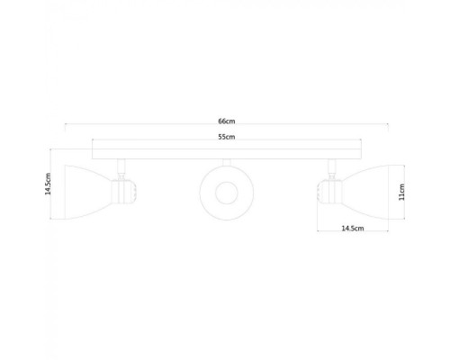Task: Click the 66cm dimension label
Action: pyautogui.click(x=226, y=121)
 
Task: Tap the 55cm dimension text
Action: pyautogui.click(x=226, y=137)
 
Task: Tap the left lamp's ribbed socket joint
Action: pyautogui.click(x=125, y=191)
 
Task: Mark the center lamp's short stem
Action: pyautogui.click(x=224, y=161)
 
